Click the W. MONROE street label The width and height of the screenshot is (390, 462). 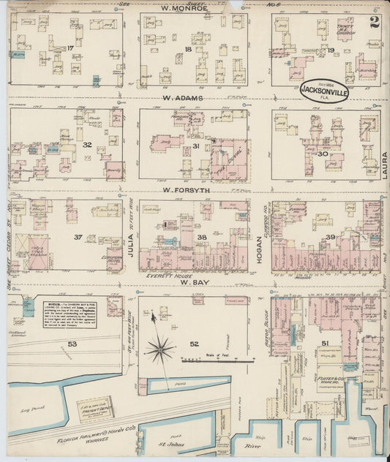(x=184, y=8)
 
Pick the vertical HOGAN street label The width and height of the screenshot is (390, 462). (x=260, y=238)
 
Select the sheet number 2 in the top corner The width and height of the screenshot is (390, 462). (x=375, y=22)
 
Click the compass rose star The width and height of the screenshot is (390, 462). (x=160, y=349)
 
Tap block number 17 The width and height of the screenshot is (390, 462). (x=71, y=48)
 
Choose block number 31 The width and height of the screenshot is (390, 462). (x=196, y=147)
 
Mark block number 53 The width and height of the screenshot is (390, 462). (x=72, y=343)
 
